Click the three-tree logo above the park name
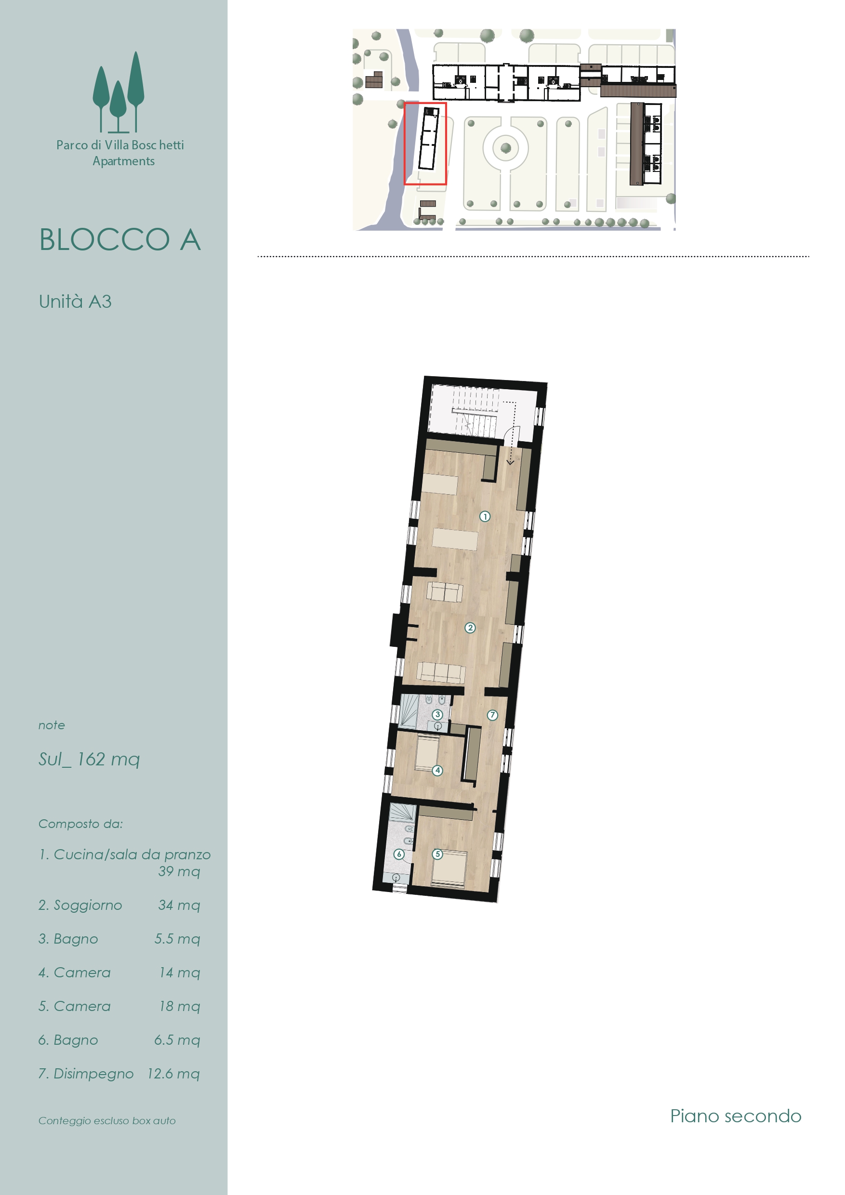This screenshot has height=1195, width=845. point(119,92)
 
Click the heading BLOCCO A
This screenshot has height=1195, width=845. point(120,240)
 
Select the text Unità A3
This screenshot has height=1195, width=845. point(75,302)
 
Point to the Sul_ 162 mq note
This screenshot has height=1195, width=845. point(89,760)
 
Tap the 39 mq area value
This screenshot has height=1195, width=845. point(179,871)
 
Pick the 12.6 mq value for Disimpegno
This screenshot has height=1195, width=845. point(173,1074)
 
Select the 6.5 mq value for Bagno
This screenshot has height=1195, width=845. point(177,1040)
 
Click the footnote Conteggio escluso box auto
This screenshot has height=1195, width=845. point(107,1120)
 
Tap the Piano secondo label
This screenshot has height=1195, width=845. point(736,1116)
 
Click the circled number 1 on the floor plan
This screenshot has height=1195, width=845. point(485,517)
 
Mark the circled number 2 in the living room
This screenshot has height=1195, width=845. point(470,628)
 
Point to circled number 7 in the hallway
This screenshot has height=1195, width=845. point(492,715)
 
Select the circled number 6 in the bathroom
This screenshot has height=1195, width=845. point(399,854)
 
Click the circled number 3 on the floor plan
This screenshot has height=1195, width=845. point(437,715)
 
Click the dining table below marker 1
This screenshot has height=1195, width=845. point(454,539)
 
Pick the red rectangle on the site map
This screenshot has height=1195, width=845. point(425,144)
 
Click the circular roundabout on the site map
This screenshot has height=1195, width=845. point(505,148)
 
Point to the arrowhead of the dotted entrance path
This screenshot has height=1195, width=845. point(510,462)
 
